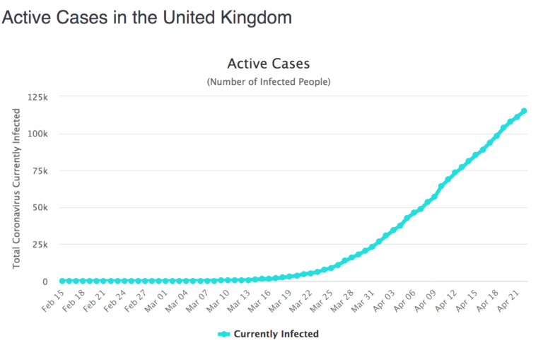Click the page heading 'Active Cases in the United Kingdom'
click(146, 18)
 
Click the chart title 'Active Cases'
click(268, 64)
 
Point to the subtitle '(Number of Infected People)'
click(268, 82)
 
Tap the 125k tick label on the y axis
click(37, 97)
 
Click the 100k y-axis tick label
click(37, 134)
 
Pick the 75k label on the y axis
click(39, 170)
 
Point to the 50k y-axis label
click(39, 207)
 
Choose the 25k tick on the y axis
click(39, 245)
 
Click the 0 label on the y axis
click(45, 281)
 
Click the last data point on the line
click(524, 111)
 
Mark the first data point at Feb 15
click(62, 281)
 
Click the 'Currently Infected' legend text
click(276, 334)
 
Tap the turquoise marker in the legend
click(224, 334)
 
